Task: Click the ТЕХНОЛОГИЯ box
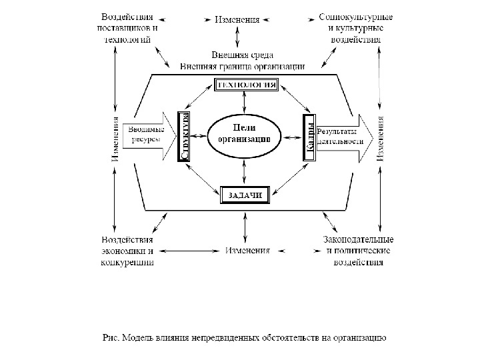point(245,85)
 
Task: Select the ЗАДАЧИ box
point(244,195)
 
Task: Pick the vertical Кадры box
point(308,138)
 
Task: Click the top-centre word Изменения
point(237,19)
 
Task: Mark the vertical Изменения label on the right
point(380,139)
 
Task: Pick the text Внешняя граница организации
point(243,66)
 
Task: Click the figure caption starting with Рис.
point(245,337)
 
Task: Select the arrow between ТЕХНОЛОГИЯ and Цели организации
point(245,103)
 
